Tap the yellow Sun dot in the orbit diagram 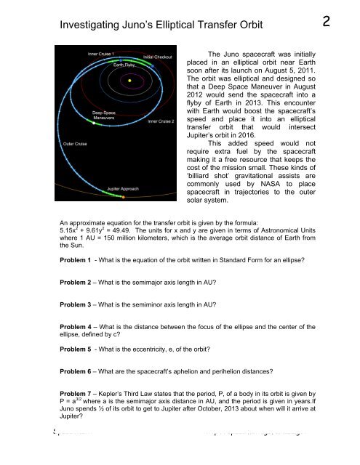point(129,80)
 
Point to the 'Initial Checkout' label point(158,56)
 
